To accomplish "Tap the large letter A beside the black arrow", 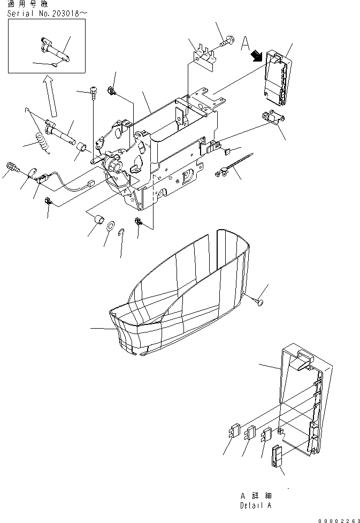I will (245, 42).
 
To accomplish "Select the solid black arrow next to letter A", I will (256, 55).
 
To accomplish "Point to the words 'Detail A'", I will (256, 505).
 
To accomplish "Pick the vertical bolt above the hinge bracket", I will (93, 95).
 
